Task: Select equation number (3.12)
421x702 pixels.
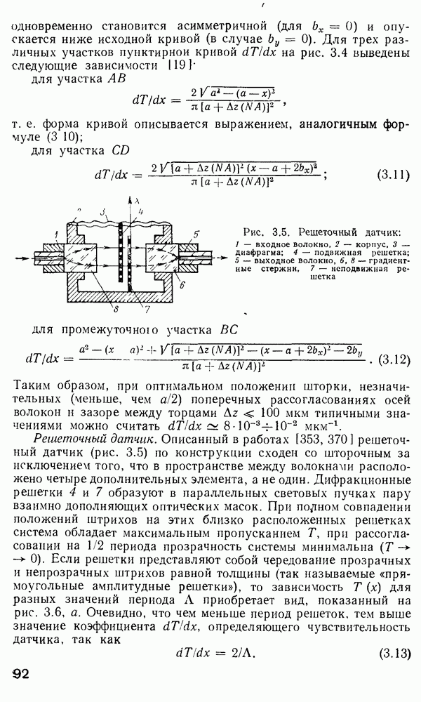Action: click(392, 359)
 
